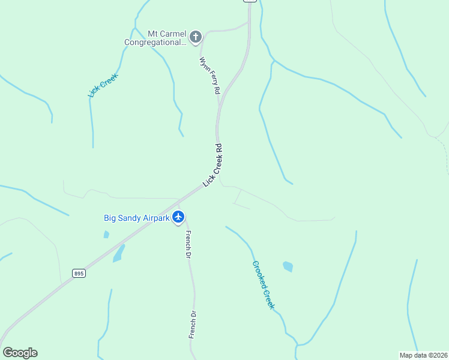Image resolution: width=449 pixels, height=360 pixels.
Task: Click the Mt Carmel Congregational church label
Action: (x=156, y=38)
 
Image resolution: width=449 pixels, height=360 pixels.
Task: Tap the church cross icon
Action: (x=195, y=38)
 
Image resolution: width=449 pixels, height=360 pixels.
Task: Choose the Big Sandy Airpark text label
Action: (x=136, y=218)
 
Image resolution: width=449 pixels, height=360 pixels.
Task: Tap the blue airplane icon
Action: (x=178, y=217)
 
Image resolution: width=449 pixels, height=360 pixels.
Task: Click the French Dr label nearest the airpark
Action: (x=188, y=244)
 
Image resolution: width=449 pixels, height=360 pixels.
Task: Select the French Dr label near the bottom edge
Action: (x=193, y=325)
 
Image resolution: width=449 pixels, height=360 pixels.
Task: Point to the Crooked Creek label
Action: (x=264, y=284)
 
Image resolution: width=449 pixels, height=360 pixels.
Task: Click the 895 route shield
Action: (x=79, y=273)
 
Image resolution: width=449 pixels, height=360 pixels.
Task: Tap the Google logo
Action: (x=20, y=353)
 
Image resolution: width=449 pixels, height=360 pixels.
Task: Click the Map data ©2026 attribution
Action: (x=423, y=355)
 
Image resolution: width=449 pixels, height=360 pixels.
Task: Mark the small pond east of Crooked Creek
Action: (x=288, y=266)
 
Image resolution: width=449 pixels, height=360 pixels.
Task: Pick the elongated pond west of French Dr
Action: (x=119, y=253)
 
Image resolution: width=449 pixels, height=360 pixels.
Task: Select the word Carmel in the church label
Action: (x=175, y=34)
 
